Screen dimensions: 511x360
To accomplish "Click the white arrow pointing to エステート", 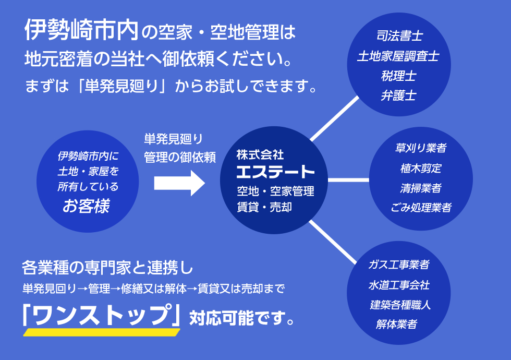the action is (179, 183).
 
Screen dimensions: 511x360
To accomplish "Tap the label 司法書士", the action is (399, 36).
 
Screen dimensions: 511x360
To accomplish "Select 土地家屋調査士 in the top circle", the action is (398, 56).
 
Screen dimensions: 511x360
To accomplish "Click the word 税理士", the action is (399, 76).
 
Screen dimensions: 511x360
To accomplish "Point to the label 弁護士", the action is (398, 95).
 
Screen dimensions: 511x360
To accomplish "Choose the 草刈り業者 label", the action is (421, 148).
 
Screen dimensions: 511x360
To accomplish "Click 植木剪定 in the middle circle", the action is (421, 168).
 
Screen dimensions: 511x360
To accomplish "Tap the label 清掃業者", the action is (421, 188).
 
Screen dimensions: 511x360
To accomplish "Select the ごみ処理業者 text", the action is (421, 208).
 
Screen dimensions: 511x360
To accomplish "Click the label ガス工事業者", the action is (399, 265).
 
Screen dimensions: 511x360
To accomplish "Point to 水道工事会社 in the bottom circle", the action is (399, 285).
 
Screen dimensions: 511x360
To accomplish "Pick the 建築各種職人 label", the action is (400, 305).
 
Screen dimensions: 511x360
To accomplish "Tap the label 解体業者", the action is (397, 324).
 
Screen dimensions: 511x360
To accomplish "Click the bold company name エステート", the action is (275, 172).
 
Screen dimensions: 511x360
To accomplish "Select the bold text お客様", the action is (87, 206).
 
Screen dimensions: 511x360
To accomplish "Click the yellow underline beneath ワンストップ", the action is (102, 332).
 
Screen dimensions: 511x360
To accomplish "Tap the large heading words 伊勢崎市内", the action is (81, 30).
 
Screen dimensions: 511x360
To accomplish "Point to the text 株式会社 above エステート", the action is (260, 154).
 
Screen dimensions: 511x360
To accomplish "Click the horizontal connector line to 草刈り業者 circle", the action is (348, 180).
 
